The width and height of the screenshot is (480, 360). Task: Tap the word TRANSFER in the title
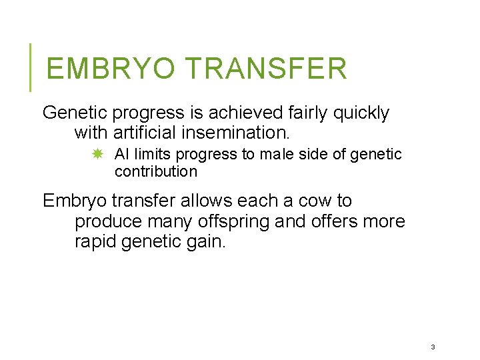265,69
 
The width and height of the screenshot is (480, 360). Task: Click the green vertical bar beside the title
30,67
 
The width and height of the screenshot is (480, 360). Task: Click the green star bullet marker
97,155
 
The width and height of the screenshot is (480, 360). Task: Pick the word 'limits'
153,155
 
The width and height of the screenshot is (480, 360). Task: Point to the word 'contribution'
156,172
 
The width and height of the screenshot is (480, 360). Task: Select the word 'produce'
107,221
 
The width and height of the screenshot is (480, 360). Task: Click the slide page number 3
433,347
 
